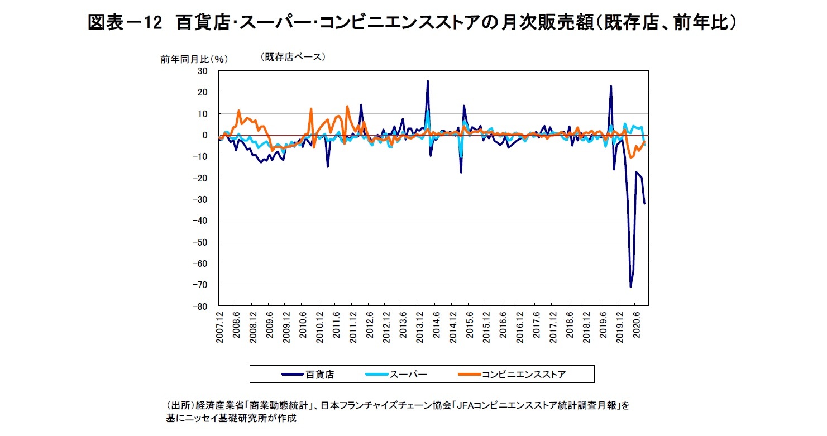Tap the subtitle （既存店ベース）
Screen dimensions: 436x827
pyautogui.click(x=293, y=56)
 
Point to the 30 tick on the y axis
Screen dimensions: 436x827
pyautogui.click(x=202, y=71)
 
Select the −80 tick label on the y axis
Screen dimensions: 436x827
pyautogui.click(x=199, y=306)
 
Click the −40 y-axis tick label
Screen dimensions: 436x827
pyautogui.click(x=199, y=221)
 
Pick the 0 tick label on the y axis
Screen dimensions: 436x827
pyautogui.click(x=204, y=135)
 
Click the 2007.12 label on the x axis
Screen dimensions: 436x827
pyautogui.click(x=220, y=329)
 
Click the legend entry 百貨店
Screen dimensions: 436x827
pyautogui.click(x=320, y=375)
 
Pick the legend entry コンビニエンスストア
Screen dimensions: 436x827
pyautogui.click(x=522, y=375)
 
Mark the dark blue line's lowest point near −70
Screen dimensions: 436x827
pyautogui.click(x=630, y=287)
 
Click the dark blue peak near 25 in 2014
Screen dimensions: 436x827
pyautogui.click(x=428, y=81)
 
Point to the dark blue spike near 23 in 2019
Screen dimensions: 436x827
pyautogui.click(x=611, y=86)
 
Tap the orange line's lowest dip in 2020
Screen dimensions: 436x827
pyautogui.click(x=630, y=157)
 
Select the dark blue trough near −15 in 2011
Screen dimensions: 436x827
pyautogui.click(x=328, y=166)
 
